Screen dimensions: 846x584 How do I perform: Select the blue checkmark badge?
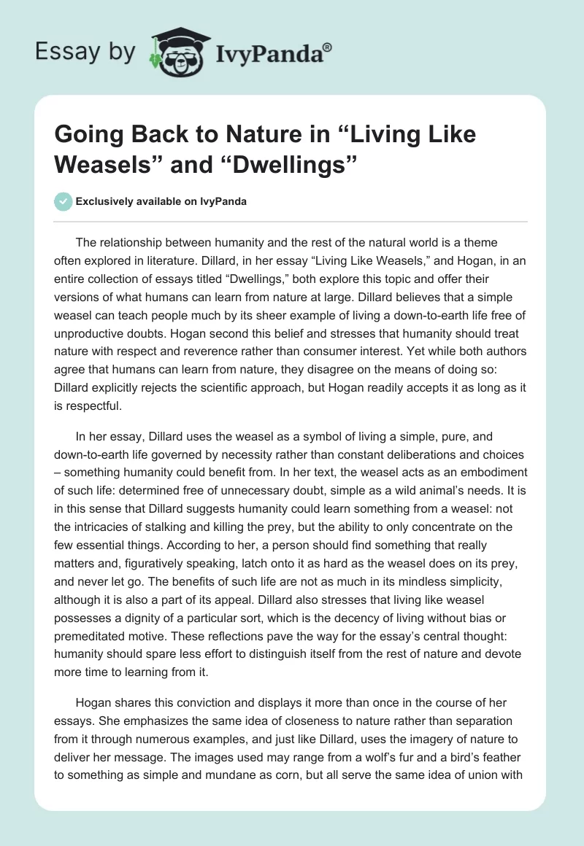[64, 201]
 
